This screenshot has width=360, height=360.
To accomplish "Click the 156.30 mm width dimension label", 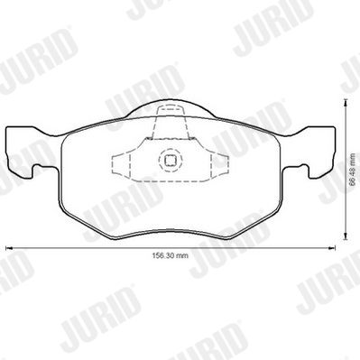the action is pyautogui.click(x=170, y=256).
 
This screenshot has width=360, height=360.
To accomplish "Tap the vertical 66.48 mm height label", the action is pyautogui.click(x=354, y=169).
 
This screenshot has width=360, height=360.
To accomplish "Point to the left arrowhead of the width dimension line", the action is pyautogui.click(x=9, y=248).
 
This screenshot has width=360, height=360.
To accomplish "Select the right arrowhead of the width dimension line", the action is pyautogui.click(x=332, y=248).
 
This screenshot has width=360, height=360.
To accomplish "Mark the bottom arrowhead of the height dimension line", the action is pyautogui.click(x=346, y=236).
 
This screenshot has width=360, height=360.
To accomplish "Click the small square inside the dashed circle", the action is pyautogui.click(x=171, y=161).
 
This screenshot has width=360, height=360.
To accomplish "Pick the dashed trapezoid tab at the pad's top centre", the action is pyautogui.click(x=171, y=123).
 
